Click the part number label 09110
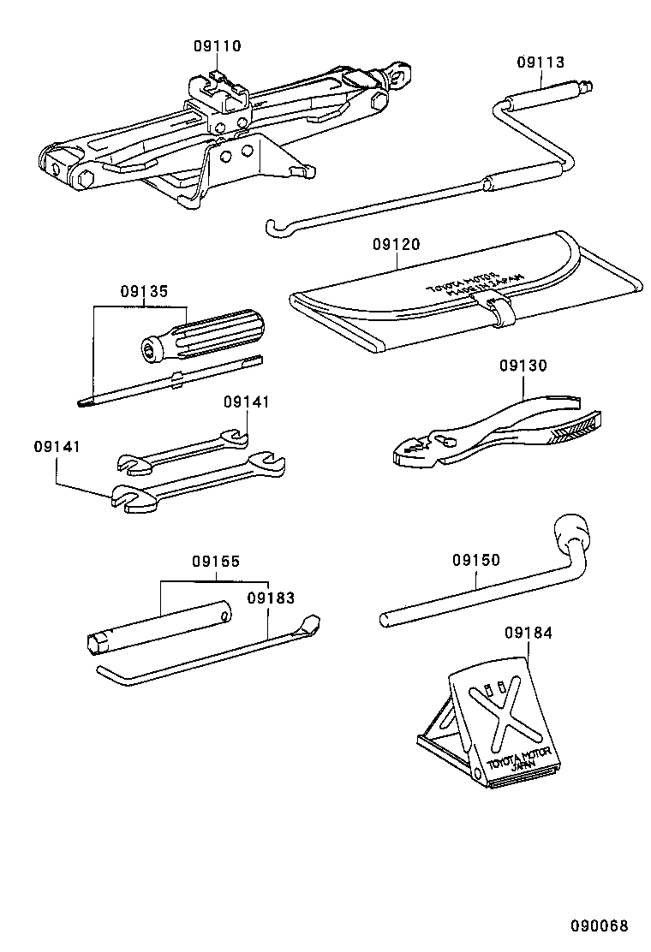(x=218, y=46)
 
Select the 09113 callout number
(x=541, y=62)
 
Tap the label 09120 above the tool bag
(x=396, y=244)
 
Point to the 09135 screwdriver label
(x=143, y=290)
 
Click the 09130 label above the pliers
(x=523, y=366)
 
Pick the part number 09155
(x=215, y=562)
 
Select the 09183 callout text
(x=271, y=598)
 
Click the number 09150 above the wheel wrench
(x=476, y=560)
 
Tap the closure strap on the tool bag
(x=499, y=309)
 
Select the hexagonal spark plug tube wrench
(x=158, y=626)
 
